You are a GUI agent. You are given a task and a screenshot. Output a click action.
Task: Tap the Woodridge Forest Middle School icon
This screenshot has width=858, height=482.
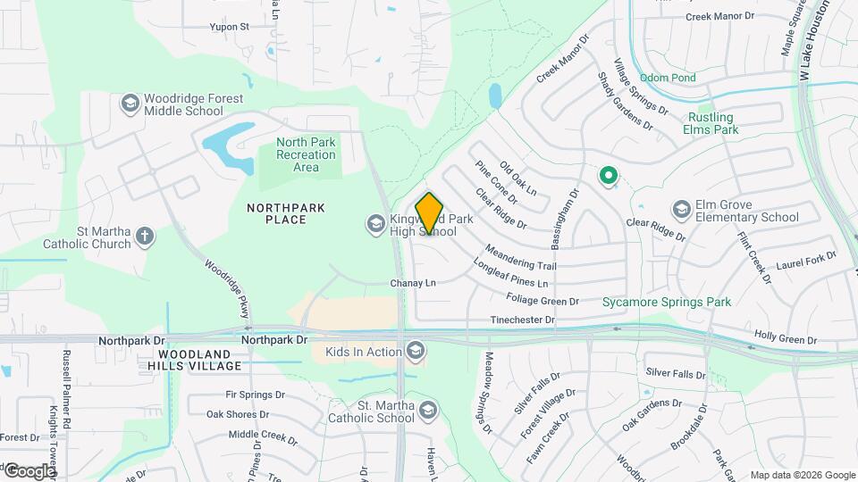point(130,104)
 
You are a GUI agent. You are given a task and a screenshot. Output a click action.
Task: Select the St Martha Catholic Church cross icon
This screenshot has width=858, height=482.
point(145,237)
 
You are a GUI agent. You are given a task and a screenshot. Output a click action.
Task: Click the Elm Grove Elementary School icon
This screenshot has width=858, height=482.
point(682,210)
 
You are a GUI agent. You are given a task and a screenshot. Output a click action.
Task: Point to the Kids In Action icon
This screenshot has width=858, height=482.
point(415,352)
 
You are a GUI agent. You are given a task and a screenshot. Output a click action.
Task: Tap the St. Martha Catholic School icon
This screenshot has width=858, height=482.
point(429,411)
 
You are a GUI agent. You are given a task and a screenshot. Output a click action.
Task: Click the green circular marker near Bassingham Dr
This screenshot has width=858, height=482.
point(609,176)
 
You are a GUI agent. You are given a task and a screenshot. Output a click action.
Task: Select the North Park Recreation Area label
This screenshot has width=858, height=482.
point(306,154)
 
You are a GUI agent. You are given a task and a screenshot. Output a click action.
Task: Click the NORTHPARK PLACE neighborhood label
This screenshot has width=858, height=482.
point(286,213)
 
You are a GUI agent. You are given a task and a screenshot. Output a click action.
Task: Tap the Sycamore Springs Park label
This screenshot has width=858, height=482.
point(667,302)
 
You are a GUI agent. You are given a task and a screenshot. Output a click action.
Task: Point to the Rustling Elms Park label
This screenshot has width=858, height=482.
point(711,123)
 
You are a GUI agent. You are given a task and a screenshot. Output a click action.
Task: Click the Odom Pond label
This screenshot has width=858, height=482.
point(667,78)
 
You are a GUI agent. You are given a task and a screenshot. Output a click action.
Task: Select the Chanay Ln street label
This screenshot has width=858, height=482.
point(413,283)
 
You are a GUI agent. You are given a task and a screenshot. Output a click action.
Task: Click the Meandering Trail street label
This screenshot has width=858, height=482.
point(521,258)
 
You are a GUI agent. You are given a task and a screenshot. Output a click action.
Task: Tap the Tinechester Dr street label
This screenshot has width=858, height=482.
point(522,320)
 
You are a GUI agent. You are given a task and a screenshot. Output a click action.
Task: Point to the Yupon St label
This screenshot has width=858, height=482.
point(230,27)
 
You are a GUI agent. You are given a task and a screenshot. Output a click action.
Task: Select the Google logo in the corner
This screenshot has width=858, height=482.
point(29,470)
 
